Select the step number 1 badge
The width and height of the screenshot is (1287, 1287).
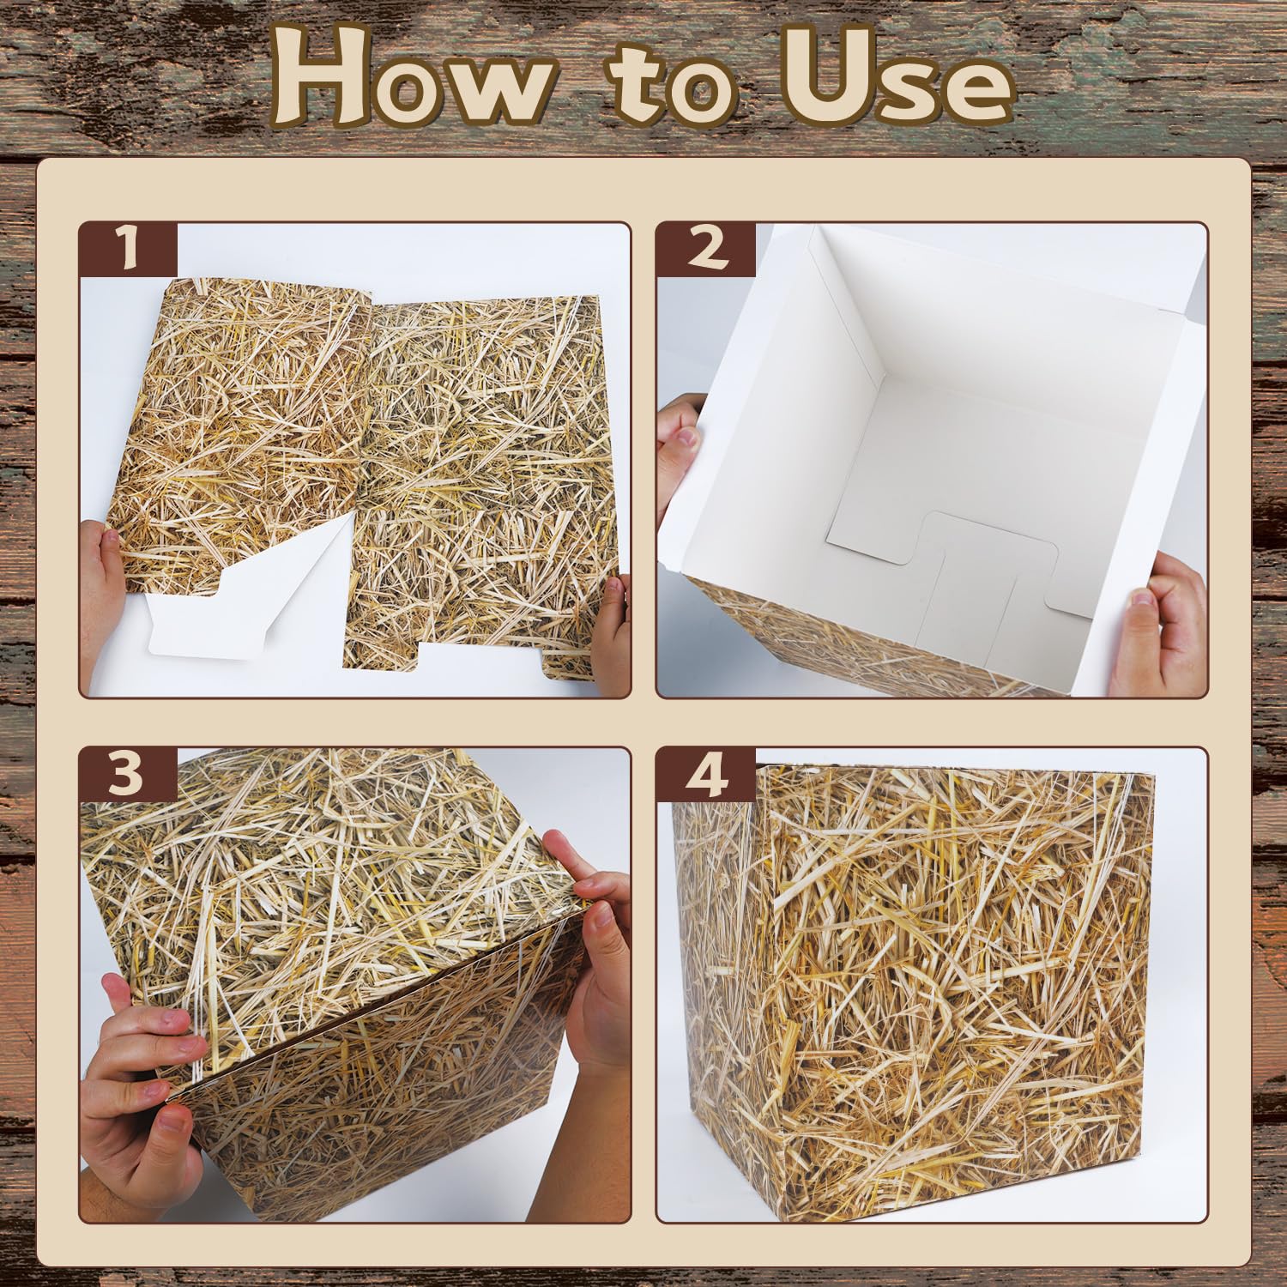point(129,250)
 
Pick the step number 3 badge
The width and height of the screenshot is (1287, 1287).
point(129,775)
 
